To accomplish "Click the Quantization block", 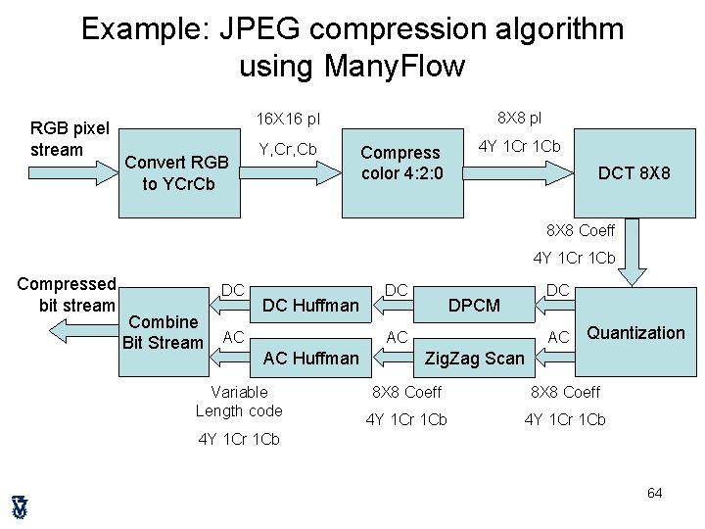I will tap(635, 333).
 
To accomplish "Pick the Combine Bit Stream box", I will tap(164, 332).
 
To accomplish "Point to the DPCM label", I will tap(474, 306).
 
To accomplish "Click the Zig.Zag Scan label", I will tap(474, 359).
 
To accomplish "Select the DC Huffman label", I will tap(311, 306).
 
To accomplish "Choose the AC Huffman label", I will tap(311, 359).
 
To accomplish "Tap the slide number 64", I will tap(655, 492).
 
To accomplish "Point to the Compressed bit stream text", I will tap(67, 295).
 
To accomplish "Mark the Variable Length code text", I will tap(239, 402).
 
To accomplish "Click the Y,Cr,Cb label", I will tap(287, 149).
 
